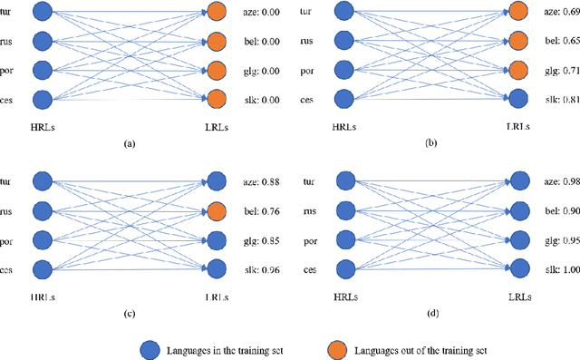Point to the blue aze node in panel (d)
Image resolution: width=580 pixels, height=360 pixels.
point(517,180)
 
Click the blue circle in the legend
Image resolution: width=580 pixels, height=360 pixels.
point(150,349)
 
